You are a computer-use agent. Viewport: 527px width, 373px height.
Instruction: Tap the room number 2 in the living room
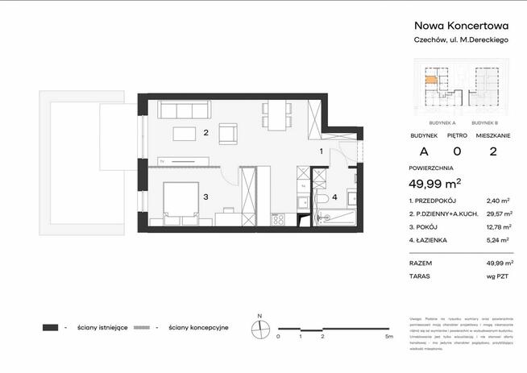pos(206,133)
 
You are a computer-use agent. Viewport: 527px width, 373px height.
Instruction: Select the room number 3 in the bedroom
pos(206,196)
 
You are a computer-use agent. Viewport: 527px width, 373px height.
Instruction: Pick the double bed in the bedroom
pos(181,200)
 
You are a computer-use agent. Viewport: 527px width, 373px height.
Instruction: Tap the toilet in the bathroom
pos(321,200)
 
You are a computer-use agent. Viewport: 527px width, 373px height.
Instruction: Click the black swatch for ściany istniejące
pos(51,328)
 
